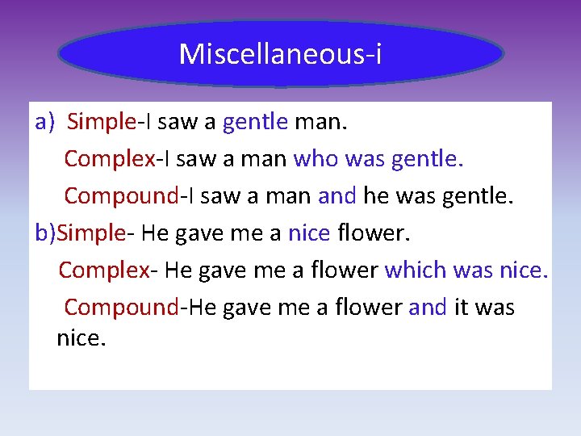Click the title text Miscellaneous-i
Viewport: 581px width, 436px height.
click(281, 54)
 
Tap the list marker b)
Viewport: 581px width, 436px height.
click(46, 233)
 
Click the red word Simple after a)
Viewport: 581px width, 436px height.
click(101, 122)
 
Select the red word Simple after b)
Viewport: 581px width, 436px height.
click(92, 233)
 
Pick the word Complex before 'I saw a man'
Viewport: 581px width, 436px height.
click(109, 159)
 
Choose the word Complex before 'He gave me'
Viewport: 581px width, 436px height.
click(103, 270)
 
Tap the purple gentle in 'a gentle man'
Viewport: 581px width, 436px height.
click(255, 122)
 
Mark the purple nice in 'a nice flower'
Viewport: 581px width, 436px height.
click(309, 233)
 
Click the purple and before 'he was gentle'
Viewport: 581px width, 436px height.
click(336, 196)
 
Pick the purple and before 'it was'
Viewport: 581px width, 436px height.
click(427, 308)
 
